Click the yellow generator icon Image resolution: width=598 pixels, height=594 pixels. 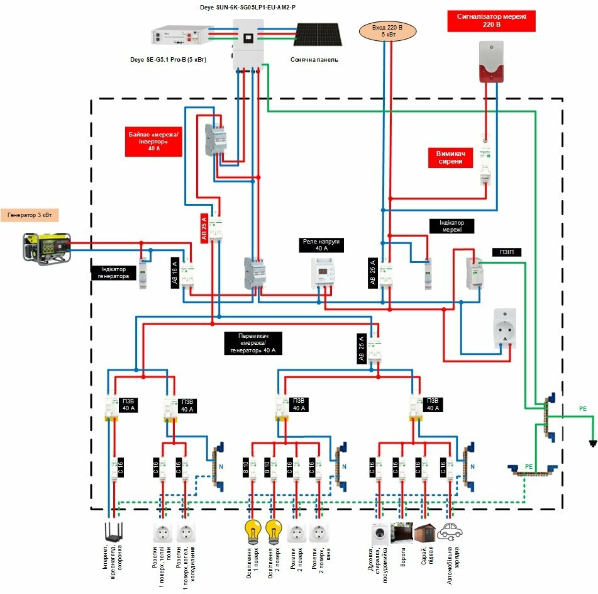(x=47, y=247)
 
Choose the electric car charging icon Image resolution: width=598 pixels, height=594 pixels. (x=450, y=532)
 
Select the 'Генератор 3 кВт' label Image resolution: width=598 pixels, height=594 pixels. (x=30, y=215)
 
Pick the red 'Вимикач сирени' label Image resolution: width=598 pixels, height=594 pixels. (x=453, y=157)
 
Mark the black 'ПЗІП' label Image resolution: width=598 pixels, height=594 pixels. (x=506, y=252)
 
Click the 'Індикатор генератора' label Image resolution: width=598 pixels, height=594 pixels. (x=114, y=272)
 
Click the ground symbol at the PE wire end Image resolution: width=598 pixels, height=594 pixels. (x=592, y=443)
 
